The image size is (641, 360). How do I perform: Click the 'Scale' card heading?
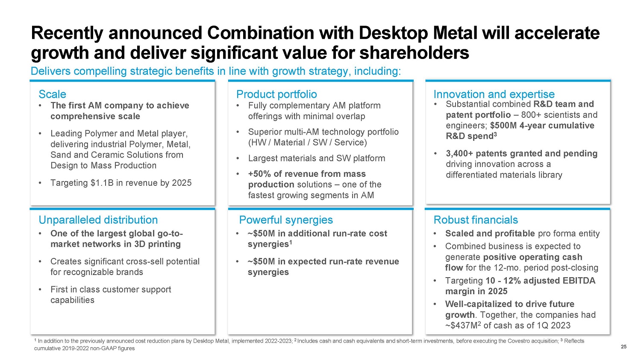52,94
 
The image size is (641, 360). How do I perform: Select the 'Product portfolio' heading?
276,94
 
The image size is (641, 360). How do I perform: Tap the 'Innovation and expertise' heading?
494,94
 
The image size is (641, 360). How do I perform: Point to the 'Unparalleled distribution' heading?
98,220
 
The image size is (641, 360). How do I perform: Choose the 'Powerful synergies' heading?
285,220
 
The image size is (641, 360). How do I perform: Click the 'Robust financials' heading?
475,220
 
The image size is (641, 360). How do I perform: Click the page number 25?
623,347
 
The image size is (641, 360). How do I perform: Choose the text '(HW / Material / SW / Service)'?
308,143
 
